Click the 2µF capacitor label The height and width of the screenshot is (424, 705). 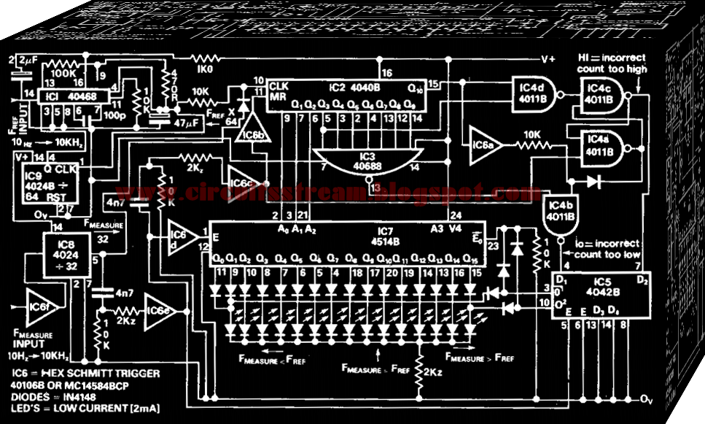(x=30, y=59)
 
